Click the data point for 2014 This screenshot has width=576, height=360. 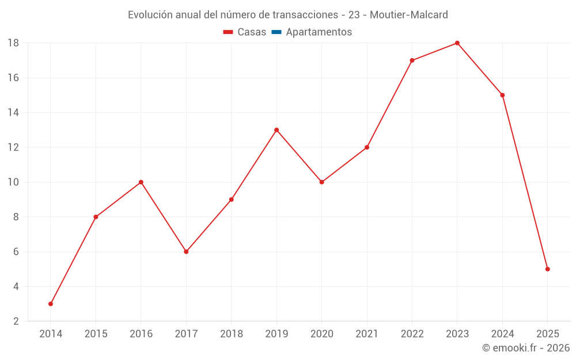click(x=51, y=304)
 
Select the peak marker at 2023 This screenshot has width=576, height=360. click(x=457, y=43)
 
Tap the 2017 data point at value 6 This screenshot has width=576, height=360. click(x=186, y=252)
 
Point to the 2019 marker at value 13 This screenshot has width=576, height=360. click(x=276, y=130)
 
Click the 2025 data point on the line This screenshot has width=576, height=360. click(x=547, y=269)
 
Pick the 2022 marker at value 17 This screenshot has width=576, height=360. click(x=412, y=60)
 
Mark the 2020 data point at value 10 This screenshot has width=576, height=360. click(x=321, y=182)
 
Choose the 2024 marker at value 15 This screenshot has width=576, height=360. click(x=502, y=95)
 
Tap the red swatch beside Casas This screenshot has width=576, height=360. click(x=228, y=32)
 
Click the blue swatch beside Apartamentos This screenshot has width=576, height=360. click(x=276, y=32)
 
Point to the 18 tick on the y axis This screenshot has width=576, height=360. click(x=13, y=43)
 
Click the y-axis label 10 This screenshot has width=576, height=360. click(x=13, y=182)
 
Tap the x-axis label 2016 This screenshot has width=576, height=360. click(x=141, y=334)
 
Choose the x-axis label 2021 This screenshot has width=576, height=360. click(x=367, y=334)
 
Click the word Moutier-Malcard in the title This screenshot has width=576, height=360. click(x=409, y=15)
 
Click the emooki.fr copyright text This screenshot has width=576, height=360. click(x=526, y=348)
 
